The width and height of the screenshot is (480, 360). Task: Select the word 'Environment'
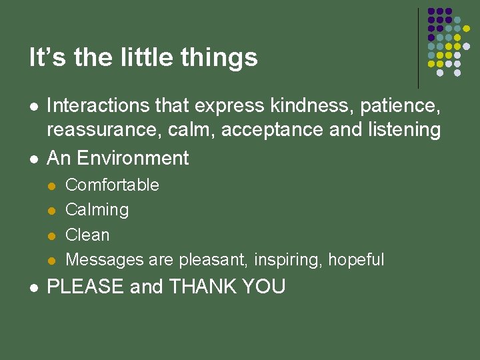click(x=133, y=158)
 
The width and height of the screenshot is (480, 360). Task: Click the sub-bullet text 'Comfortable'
click(x=112, y=185)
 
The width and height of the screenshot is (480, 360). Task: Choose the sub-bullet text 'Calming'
click(x=97, y=210)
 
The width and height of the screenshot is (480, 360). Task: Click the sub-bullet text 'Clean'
click(x=87, y=235)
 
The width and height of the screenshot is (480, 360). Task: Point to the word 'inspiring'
click(x=287, y=259)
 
